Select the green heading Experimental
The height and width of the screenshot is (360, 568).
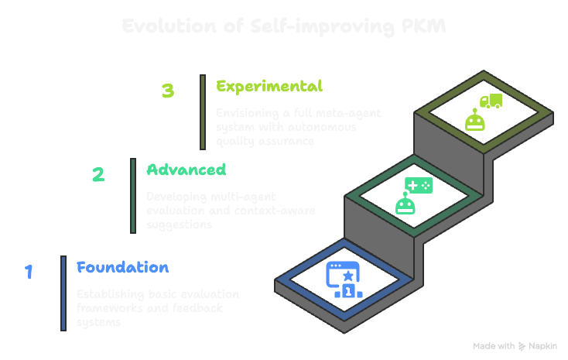pyautogui.click(x=269, y=86)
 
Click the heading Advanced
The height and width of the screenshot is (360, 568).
pyautogui.click(x=186, y=170)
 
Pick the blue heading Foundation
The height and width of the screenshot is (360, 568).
pyautogui.click(x=122, y=268)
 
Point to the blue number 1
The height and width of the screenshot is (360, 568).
pyautogui.click(x=29, y=272)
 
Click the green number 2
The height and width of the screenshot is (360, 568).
pyautogui.click(x=98, y=174)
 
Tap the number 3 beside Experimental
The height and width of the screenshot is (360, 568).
pyautogui.click(x=168, y=91)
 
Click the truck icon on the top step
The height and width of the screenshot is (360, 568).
pyautogui.click(x=491, y=101)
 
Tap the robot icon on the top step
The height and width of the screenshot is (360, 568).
pyautogui.click(x=474, y=120)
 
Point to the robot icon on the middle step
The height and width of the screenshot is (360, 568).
pyautogui.click(x=405, y=204)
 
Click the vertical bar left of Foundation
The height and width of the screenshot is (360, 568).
pyautogui.click(x=63, y=293)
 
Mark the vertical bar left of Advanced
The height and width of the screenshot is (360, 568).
pyautogui.click(x=132, y=196)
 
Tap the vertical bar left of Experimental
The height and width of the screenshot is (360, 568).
pyautogui.click(x=202, y=111)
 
